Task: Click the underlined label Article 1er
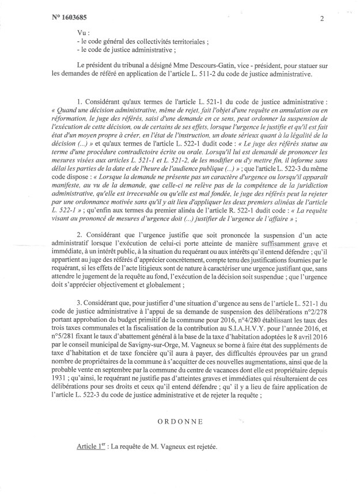(94, 447)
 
